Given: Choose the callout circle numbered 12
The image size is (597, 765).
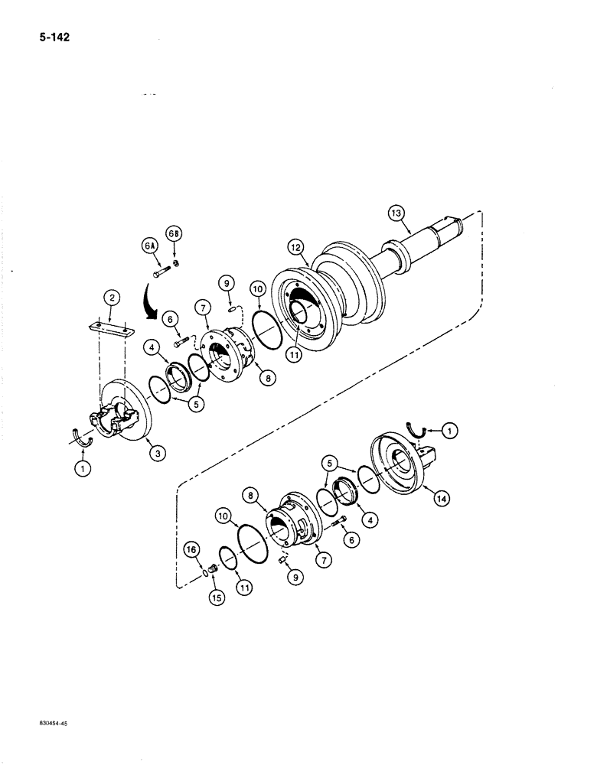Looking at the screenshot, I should [295, 246].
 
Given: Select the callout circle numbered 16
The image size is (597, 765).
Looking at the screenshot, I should [192, 549].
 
